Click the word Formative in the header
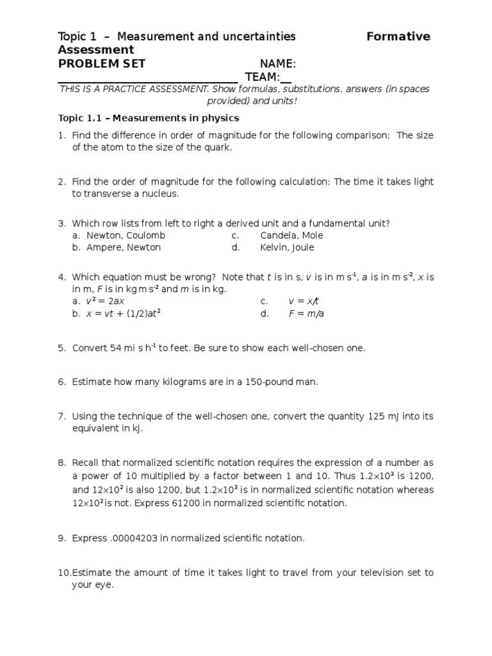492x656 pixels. (398, 37)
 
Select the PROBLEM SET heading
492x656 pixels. (102, 63)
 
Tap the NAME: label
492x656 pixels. (277, 64)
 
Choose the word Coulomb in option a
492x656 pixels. (145, 235)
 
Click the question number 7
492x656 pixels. (61, 416)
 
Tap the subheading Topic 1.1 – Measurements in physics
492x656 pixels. (149, 118)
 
